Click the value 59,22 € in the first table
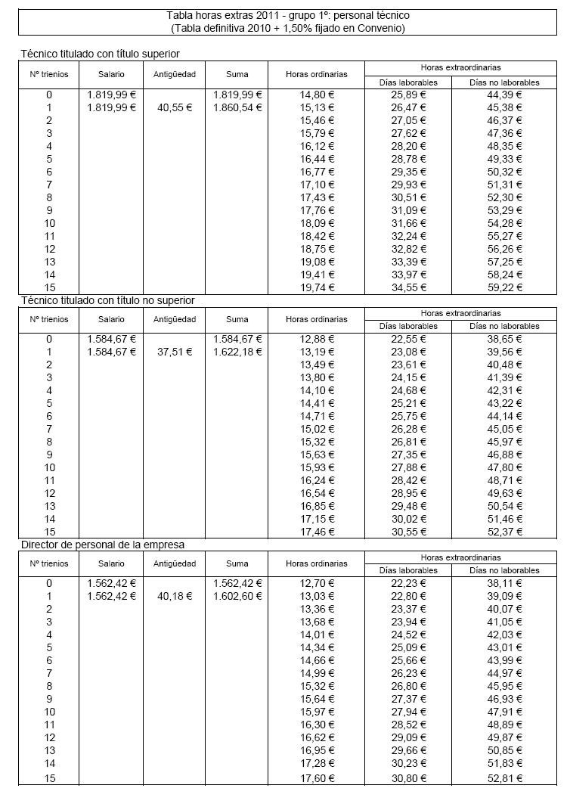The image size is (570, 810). tap(504, 287)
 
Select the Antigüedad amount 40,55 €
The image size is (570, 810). tap(175, 107)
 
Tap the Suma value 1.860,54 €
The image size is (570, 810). tap(237, 107)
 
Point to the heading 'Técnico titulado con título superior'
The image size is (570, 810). tap(100, 54)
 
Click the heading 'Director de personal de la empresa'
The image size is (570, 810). tap(103, 544)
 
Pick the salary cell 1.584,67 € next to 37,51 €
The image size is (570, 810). tap(112, 352)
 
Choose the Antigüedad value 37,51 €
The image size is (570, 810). tap(175, 352)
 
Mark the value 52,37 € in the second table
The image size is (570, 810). tap(504, 532)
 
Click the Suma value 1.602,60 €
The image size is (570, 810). tap(237, 596)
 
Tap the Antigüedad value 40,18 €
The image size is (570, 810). tap(175, 596)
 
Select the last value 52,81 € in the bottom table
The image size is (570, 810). tap(504, 777)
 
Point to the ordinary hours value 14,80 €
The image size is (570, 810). tap(317, 95)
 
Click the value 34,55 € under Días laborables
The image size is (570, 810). tap(408, 287)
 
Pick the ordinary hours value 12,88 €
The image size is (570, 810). tap(317, 339)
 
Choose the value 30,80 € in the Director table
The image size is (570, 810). tap(408, 777)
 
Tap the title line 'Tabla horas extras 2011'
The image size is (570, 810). tap(288, 15)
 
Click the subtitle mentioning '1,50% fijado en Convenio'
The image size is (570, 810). tap(288, 28)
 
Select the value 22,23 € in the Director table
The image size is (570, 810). tap(408, 583)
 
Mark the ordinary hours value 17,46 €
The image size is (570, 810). tap(317, 532)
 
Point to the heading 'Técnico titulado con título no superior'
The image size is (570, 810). tap(107, 300)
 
